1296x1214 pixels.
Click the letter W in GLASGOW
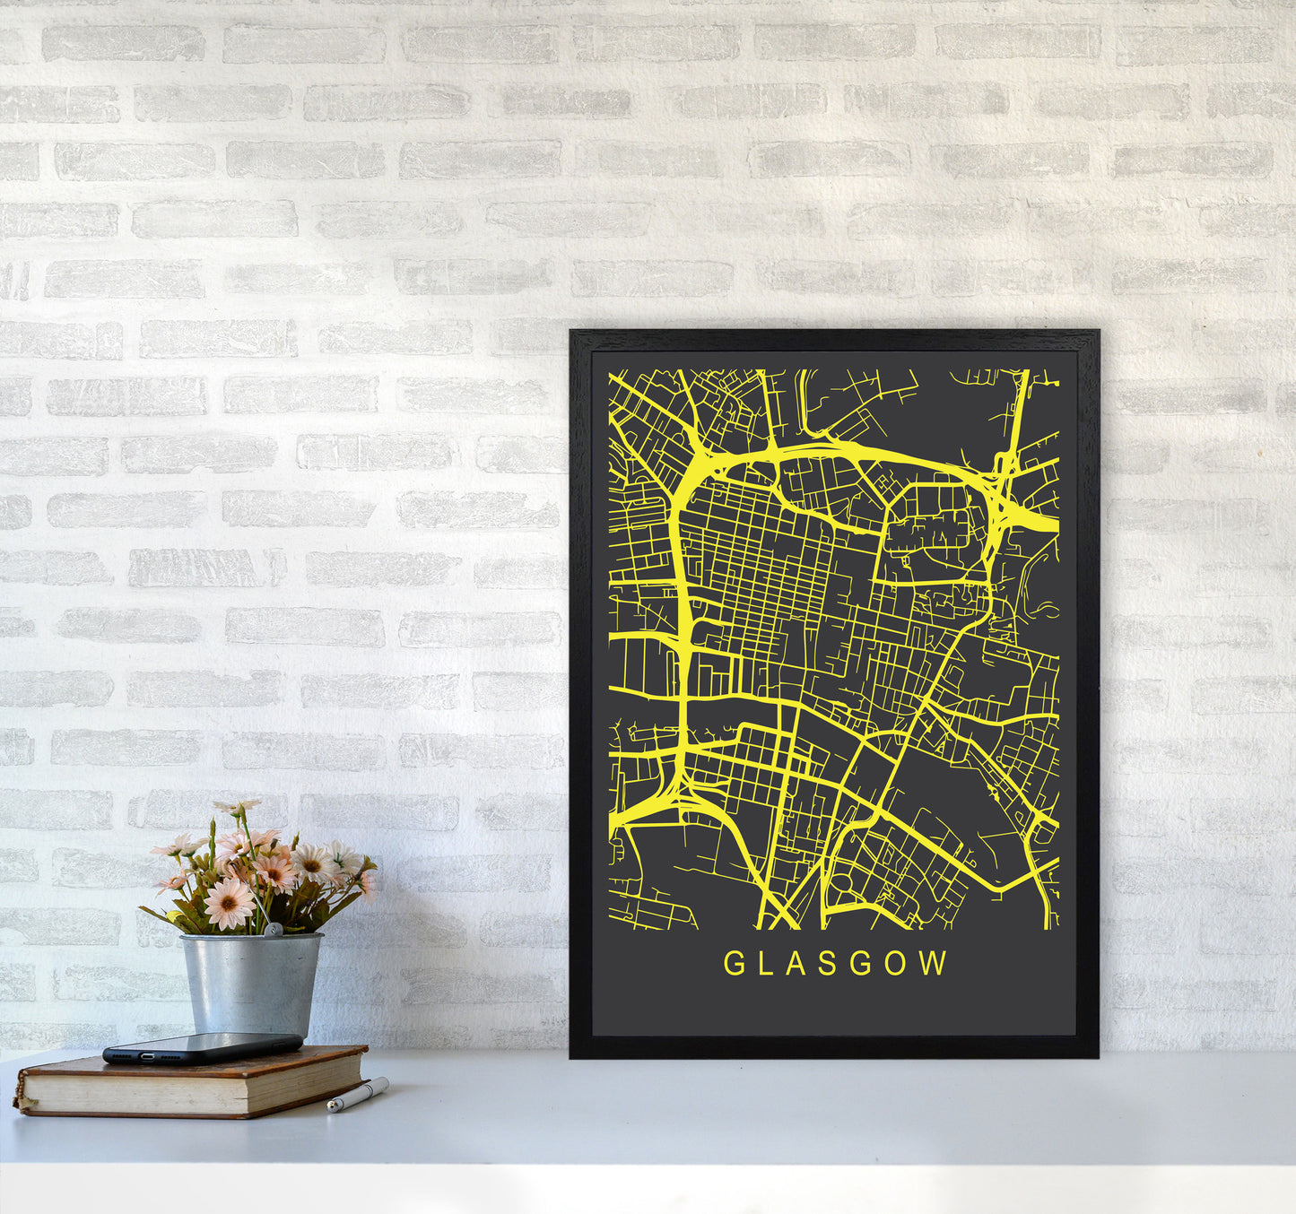[x=935, y=963]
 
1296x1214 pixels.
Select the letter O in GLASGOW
[x=898, y=963]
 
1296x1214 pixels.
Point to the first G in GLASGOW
[x=733, y=963]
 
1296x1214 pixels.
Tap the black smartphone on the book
[x=203, y=1046]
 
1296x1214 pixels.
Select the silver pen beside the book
[x=358, y=1096]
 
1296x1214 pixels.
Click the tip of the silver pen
[x=330, y=1109]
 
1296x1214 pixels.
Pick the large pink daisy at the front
[x=229, y=903]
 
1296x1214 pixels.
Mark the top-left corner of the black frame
[x=571, y=332]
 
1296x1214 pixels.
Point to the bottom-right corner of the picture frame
[x=1097, y=1056]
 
